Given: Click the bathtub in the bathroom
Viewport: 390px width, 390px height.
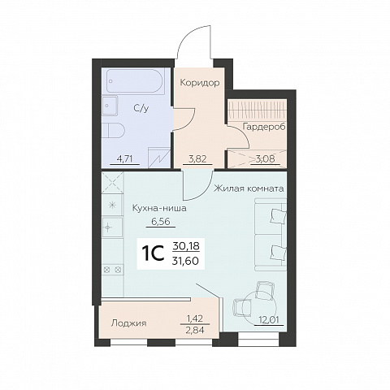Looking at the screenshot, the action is click(135, 81).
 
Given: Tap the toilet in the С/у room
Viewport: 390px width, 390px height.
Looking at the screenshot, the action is click(113, 131).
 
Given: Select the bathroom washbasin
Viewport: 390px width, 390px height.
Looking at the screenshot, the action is click(110, 106).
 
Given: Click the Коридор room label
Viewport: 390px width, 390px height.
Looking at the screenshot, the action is click(200, 83).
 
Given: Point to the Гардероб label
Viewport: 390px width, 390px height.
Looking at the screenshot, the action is click(264, 127).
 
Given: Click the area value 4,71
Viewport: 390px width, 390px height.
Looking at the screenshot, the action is click(124, 158).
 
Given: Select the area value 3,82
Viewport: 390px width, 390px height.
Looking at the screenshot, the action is click(197, 158).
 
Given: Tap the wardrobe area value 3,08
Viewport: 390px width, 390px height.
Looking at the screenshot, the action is click(266, 158).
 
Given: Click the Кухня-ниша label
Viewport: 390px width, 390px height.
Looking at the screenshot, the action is click(159, 209).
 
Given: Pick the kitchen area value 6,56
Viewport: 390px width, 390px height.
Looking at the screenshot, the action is click(161, 222).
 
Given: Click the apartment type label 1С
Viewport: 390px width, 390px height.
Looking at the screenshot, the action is click(153, 253).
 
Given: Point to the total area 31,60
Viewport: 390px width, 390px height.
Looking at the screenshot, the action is click(186, 261).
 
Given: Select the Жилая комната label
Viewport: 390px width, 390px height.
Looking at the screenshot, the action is click(249, 188).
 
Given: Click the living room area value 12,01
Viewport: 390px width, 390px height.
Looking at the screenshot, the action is click(269, 320).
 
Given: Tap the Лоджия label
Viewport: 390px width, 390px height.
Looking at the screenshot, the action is click(129, 323).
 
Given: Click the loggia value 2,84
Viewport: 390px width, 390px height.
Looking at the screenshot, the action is click(195, 330).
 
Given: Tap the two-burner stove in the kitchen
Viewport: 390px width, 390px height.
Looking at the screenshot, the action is click(113, 270).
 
